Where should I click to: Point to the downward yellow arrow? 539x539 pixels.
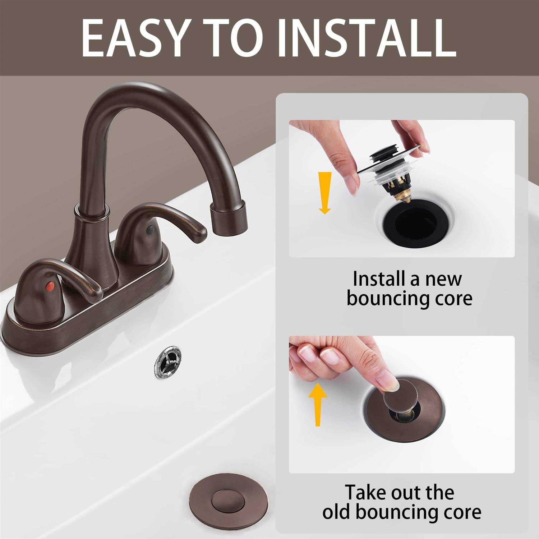[325, 192]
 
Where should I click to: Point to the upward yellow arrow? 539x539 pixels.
[318, 404]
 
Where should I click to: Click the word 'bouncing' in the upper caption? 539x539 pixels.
[390, 299]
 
